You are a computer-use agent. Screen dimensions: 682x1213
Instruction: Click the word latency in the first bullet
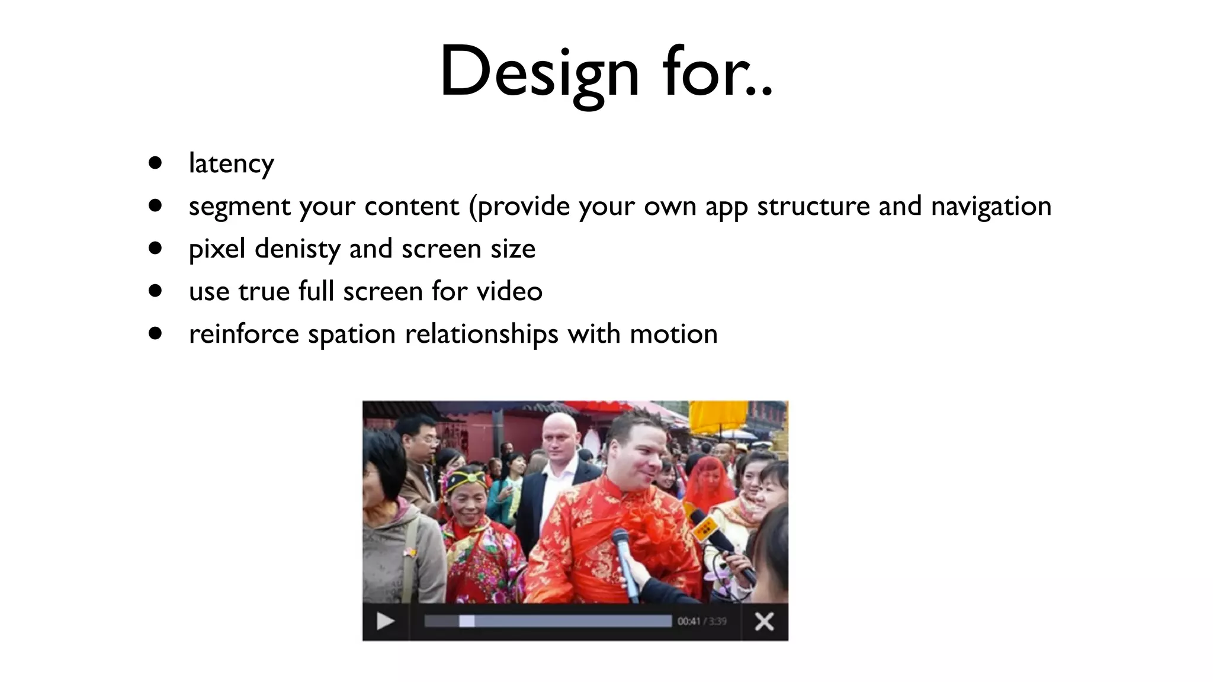point(231,164)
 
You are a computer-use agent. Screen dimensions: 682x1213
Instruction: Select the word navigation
point(991,207)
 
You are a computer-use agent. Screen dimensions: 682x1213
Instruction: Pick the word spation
point(352,334)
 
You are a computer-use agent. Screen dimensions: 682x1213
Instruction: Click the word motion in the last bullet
point(673,334)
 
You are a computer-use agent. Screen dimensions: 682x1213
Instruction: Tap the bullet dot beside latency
point(156,163)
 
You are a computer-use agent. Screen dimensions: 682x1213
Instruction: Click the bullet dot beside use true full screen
point(156,291)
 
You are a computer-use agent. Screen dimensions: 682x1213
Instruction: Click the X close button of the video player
point(764,622)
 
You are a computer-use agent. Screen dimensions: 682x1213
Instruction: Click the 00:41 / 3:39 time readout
point(702,622)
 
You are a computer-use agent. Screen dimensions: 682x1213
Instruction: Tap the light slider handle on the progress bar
point(467,621)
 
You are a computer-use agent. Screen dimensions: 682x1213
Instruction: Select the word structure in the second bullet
point(814,207)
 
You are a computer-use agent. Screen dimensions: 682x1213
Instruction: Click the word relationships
point(482,334)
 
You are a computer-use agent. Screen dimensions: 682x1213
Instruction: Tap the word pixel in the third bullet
point(217,249)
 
